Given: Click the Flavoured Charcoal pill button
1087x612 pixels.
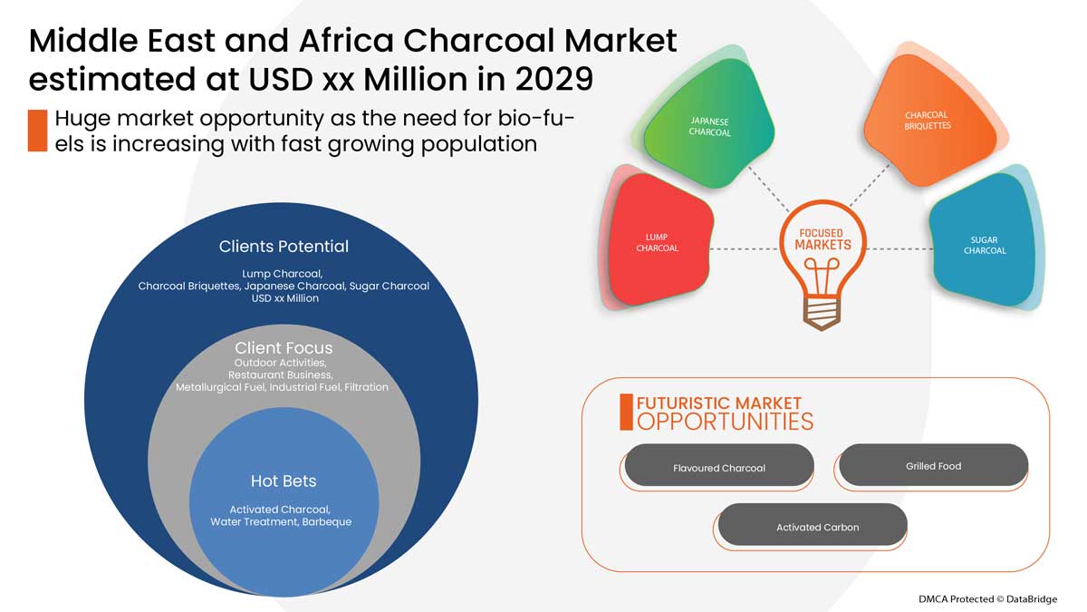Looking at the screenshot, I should tap(719, 468).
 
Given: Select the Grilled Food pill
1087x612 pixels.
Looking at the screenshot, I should tap(933, 466).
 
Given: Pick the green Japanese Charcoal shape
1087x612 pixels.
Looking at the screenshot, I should tap(709, 126).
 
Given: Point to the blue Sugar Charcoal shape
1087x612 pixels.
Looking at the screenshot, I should tap(983, 245).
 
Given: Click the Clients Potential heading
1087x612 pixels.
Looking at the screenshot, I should tap(284, 247).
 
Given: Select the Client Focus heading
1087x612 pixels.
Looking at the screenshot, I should tap(284, 348).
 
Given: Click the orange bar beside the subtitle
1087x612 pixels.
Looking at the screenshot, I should tap(37, 130).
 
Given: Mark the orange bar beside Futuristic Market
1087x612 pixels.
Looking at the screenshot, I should tap(626, 412).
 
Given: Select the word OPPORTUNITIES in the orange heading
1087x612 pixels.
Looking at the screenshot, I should tap(725, 421).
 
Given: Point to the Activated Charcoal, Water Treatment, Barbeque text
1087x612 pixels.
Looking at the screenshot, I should tap(281, 516).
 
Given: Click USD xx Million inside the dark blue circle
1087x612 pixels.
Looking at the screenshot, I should tap(284, 298).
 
